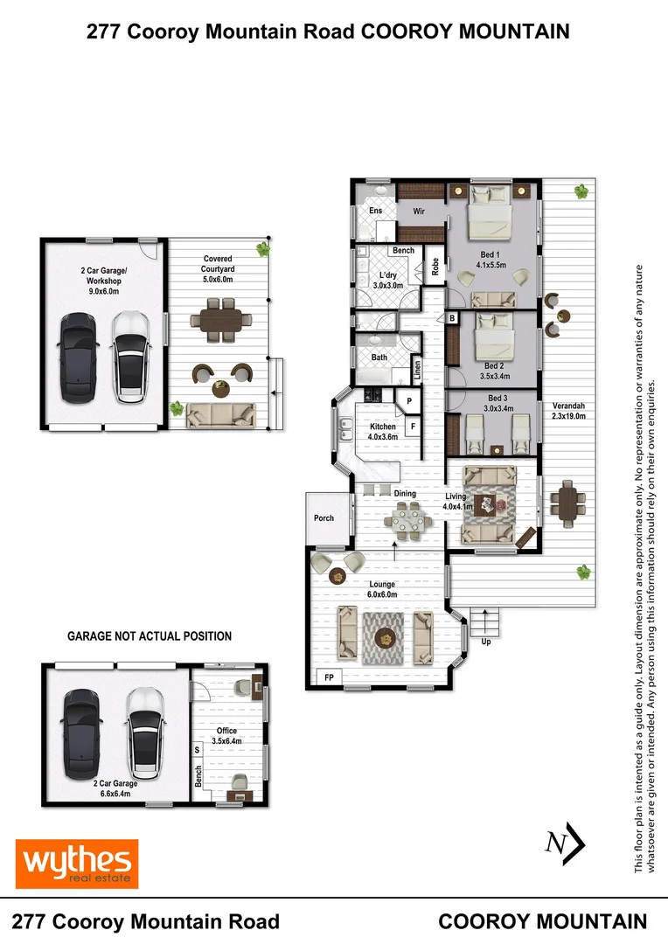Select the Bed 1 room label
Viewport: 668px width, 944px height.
coord(491,259)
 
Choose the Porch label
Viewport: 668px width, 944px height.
coord(324,518)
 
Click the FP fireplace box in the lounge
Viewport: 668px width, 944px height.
coord(329,677)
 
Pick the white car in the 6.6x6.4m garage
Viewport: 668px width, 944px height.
coord(144,726)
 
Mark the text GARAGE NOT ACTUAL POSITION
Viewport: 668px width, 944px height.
coord(150,636)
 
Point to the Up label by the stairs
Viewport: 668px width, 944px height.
coord(485,642)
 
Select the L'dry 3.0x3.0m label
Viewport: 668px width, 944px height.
coord(386,280)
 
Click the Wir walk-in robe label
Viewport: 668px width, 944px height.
coord(418,211)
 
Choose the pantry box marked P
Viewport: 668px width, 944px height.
coord(407,401)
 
